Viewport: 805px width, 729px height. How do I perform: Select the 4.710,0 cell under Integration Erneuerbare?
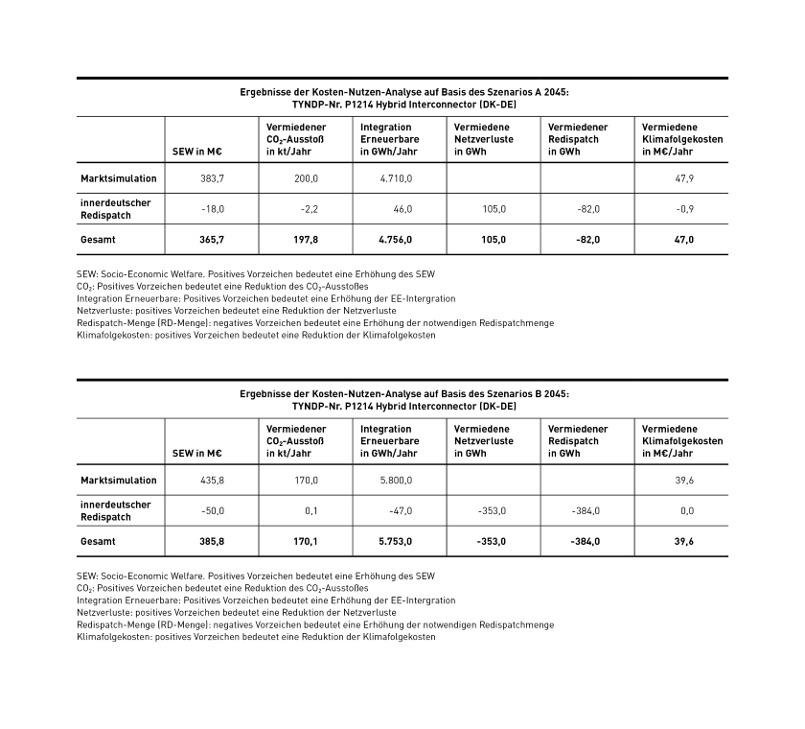pyautogui.click(x=393, y=178)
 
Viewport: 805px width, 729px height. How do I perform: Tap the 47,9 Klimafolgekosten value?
pyautogui.click(x=684, y=178)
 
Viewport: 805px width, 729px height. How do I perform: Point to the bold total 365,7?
pyautogui.click(x=211, y=240)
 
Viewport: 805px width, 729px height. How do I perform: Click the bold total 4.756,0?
pyautogui.click(x=393, y=240)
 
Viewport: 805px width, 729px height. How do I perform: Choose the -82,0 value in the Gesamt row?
pyautogui.click(x=586, y=240)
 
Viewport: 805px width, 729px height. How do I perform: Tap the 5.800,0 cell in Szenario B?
pyautogui.click(x=393, y=481)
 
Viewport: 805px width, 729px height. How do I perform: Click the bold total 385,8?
pyautogui.click(x=211, y=542)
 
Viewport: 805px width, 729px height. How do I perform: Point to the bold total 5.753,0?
pyautogui.click(x=393, y=542)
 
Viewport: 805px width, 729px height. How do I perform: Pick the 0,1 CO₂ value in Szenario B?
pyautogui.click(x=310, y=511)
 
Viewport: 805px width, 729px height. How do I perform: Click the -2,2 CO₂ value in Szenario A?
pyautogui.click(x=307, y=209)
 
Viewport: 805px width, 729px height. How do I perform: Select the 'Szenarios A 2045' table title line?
pyautogui.click(x=402, y=92)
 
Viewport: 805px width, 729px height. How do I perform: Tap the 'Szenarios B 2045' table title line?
pyautogui.click(x=402, y=394)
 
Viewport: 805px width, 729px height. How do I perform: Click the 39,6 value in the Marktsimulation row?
pyautogui.click(x=684, y=481)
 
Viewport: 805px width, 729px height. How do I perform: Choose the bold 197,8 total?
pyautogui.click(x=306, y=240)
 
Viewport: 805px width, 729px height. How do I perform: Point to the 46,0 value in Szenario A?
pyautogui.click(x=402, y=209)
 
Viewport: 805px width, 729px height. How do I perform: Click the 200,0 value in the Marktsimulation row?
pyautogui.click(x=306, y=178)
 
